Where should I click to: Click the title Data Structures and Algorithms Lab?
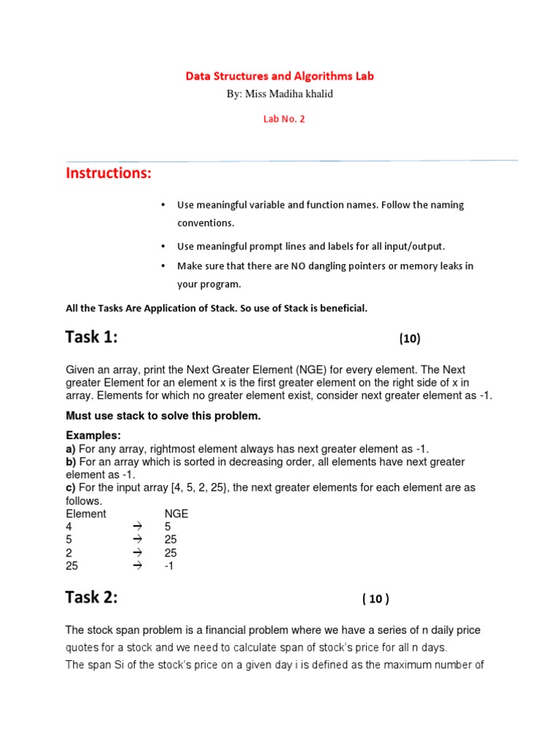(x=279, y=76)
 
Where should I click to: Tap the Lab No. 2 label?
(x=284, y=119)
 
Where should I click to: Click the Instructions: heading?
(x=109, y=174)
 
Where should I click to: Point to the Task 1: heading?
(x=91, y=337)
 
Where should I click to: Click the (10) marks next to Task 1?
(x=409, y=338)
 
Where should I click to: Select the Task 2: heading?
(x=91, y=597)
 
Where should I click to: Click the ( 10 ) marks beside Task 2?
(x=376, y=599)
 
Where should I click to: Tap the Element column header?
(x=85, y=514)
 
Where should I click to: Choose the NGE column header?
(x=176, y=514)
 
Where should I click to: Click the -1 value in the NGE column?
(x=169, y=566)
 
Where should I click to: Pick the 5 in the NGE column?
(x=168, y=527)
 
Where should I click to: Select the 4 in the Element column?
(x=69, y=527)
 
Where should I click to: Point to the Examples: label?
(x=93, y=436)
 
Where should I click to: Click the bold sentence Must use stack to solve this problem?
(x=163, y=416)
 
